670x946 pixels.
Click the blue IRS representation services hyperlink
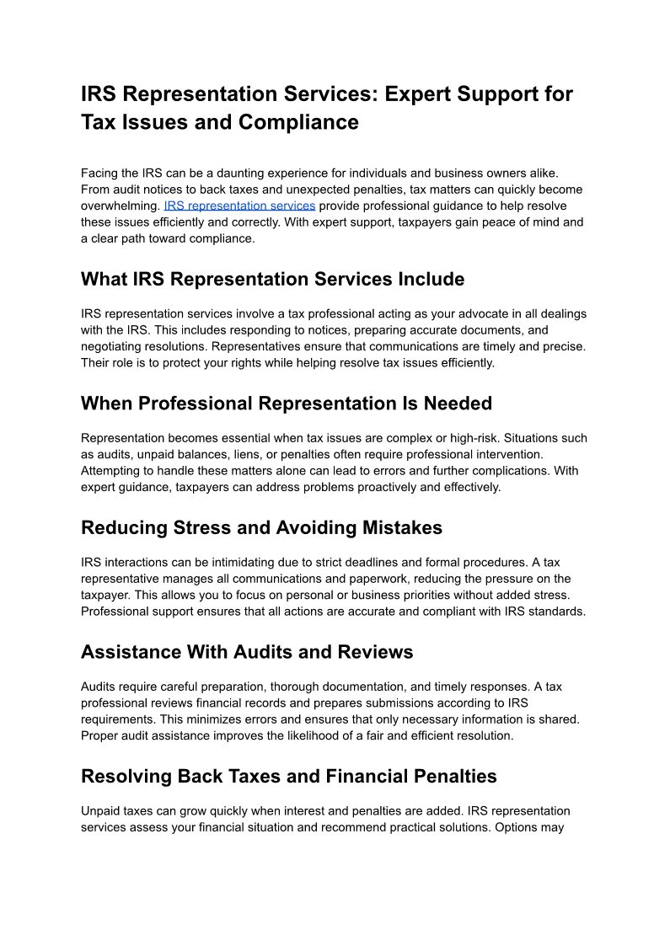[239, 206]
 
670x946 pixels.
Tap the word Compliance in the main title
[298, 122]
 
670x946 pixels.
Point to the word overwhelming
[120, 206]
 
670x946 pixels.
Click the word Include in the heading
[426, 279]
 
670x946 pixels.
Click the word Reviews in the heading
[375, 652]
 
